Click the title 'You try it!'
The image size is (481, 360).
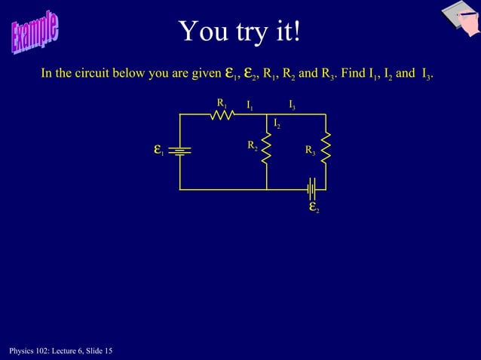click(240, 31)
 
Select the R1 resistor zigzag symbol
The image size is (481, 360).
click(221, 114)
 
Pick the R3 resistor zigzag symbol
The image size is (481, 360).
click(326, 149)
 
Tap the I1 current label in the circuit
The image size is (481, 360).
click(250, 104)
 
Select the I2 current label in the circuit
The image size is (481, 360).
click(277, 123)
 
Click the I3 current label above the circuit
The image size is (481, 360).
click(292, 104)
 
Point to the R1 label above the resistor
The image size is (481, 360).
click(222, 102)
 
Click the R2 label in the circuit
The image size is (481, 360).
click(253, 145)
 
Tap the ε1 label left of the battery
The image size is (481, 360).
click(158, 150)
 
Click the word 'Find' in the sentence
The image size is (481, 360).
click(353, 74)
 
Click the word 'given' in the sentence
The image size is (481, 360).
click(204, 74)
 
